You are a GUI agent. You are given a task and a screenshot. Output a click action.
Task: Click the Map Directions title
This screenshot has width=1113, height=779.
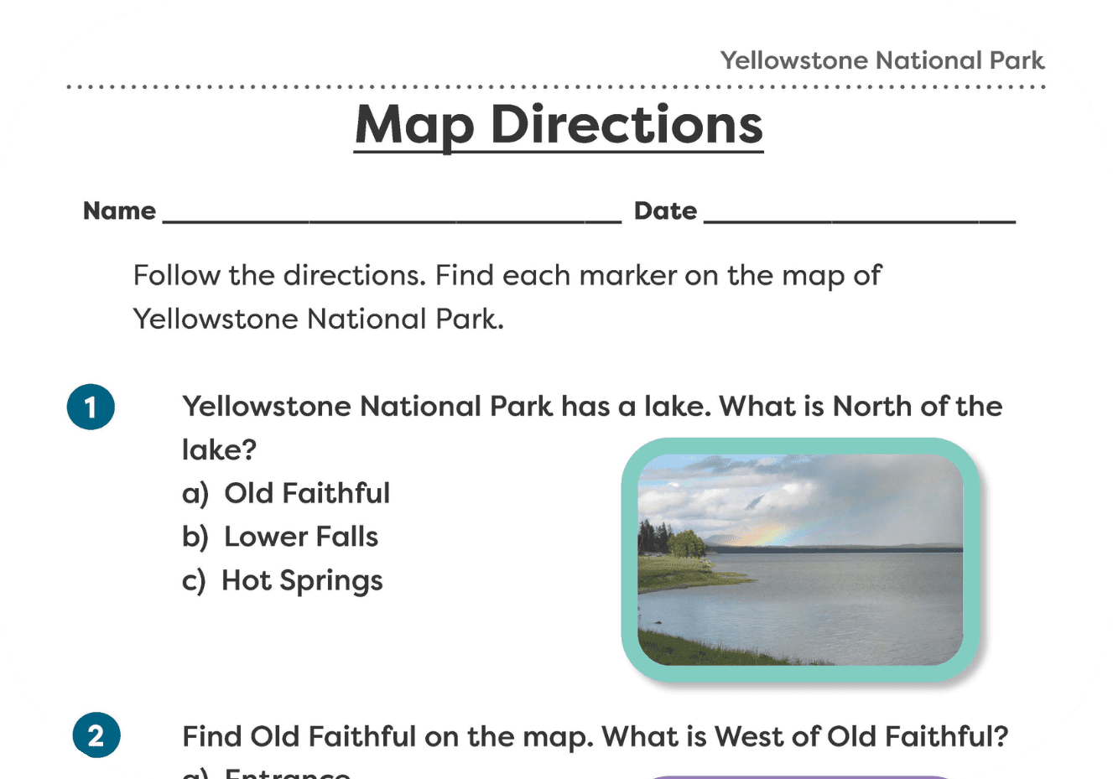click(559, 126)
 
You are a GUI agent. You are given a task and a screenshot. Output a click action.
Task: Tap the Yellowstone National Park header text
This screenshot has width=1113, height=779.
click(882, 60)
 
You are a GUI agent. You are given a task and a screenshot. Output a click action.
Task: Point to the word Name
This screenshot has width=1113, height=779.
click(119, 210)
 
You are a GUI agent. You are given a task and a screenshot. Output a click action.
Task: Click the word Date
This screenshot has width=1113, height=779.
click(665, 210)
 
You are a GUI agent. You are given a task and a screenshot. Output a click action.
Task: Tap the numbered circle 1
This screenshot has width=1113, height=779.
click(91, 407)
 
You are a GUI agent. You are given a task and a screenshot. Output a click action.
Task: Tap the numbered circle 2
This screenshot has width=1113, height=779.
click(96, 735)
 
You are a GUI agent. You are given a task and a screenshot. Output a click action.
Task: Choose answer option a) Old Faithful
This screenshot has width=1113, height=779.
click(286, 493)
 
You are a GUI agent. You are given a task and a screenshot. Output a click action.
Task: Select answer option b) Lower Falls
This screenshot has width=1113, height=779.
click(280, 537)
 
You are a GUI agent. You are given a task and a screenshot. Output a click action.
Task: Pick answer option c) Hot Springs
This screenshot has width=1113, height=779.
click(283, 580)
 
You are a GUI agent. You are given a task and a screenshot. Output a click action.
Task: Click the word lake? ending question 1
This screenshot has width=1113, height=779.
click(219, 450)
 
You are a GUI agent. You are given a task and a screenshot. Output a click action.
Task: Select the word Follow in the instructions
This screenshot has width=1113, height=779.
click(176, 275)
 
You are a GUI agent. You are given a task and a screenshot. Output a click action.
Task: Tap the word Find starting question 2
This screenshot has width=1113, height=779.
click(211, 736)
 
